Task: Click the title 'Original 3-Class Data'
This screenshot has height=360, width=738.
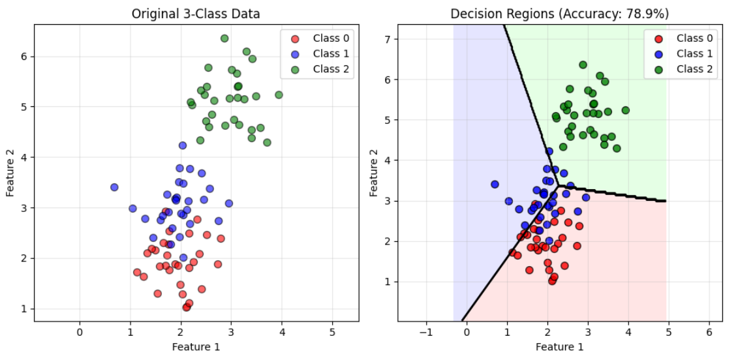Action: tap(196, 14)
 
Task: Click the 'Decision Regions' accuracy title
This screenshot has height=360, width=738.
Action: tap(560, 14)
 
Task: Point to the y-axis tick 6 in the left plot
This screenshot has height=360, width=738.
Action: tap(23, 57)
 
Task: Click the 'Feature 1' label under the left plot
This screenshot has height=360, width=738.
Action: tap(196, 346)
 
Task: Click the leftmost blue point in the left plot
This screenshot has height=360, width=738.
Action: tap(114, 187)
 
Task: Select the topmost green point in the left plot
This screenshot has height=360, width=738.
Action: tap(224, 38)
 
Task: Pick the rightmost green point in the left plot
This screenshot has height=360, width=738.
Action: tap(279, 95)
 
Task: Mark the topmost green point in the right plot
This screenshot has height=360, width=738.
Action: tap(583, 65)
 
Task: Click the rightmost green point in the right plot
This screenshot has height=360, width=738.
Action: tap(625, 110)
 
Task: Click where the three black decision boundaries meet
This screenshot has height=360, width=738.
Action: tap(557, 187)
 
